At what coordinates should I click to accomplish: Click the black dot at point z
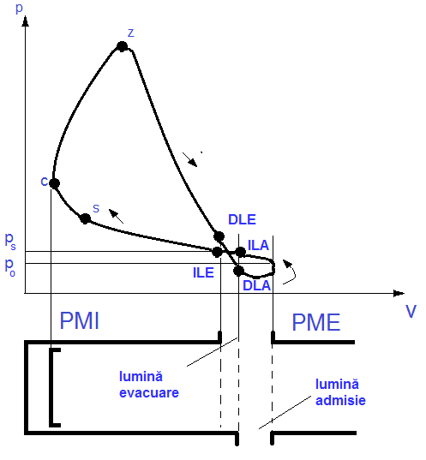(x=122, y=46)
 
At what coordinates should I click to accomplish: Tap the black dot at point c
(x=54, y=183)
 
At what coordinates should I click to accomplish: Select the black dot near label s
(x=85, y=218)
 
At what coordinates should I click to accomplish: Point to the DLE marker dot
(x=219, y=236)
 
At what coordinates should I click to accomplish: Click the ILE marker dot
(x=217, y=252)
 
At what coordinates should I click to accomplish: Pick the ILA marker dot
(x=241, y=252)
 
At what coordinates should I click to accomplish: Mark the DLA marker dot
(x=238, y=271)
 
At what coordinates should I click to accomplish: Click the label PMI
(x=79, y=320)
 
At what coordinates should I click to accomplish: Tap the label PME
(x=316, y=322)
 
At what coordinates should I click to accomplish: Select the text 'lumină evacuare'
(x=149, y=385)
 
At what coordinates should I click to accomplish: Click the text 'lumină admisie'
(x=340, y=392)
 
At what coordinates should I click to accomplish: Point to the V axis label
(x=411, y=311)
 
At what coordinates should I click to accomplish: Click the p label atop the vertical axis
(x=19, y=8)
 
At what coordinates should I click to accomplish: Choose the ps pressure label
(x=10, y=242)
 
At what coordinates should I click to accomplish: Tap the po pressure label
(x=10, y=267)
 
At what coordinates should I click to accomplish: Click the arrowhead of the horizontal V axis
(x=399, y=293)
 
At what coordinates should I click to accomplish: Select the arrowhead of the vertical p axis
(x=26, y=21)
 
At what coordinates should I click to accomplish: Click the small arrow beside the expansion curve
(x=190, y=159)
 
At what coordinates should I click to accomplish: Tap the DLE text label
(x=243, y=220)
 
